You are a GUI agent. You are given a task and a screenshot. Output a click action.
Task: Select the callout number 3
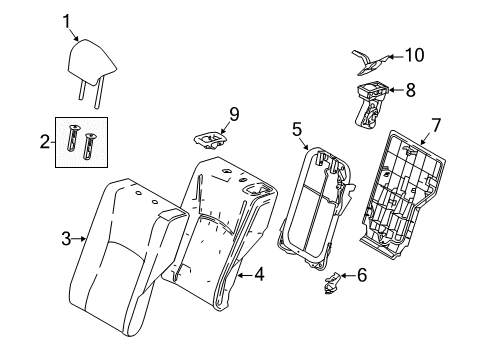tap(67, 237)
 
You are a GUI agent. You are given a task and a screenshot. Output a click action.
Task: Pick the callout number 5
tap(296, 128)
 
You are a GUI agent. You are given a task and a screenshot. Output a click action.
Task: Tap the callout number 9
tap(233, 115)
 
